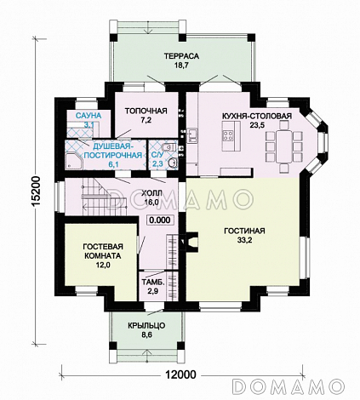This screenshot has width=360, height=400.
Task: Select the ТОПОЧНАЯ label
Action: tap(146, 111)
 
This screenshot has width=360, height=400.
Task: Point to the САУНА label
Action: tap(89, 116)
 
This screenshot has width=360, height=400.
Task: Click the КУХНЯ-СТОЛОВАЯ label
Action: tap(257, 117)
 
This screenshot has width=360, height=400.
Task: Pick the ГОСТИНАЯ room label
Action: tap(244, 231)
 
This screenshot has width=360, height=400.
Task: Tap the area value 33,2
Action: tap(244, 240)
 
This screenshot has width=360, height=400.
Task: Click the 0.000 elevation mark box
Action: tap(160, 220)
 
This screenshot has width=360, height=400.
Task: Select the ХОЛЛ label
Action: tap(151, 193)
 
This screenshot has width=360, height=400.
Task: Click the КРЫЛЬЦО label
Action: tap(146, 325)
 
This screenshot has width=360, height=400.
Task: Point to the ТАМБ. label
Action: tap(153, 283)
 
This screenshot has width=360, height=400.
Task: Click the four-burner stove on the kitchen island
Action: tap(228, 135)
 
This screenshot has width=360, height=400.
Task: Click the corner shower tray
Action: tap(74, 162)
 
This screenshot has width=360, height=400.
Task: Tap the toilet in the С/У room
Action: tap(169, 147)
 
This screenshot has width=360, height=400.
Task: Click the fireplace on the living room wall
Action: tap(190, 242)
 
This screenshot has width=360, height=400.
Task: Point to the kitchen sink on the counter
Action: tap(192, 134)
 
